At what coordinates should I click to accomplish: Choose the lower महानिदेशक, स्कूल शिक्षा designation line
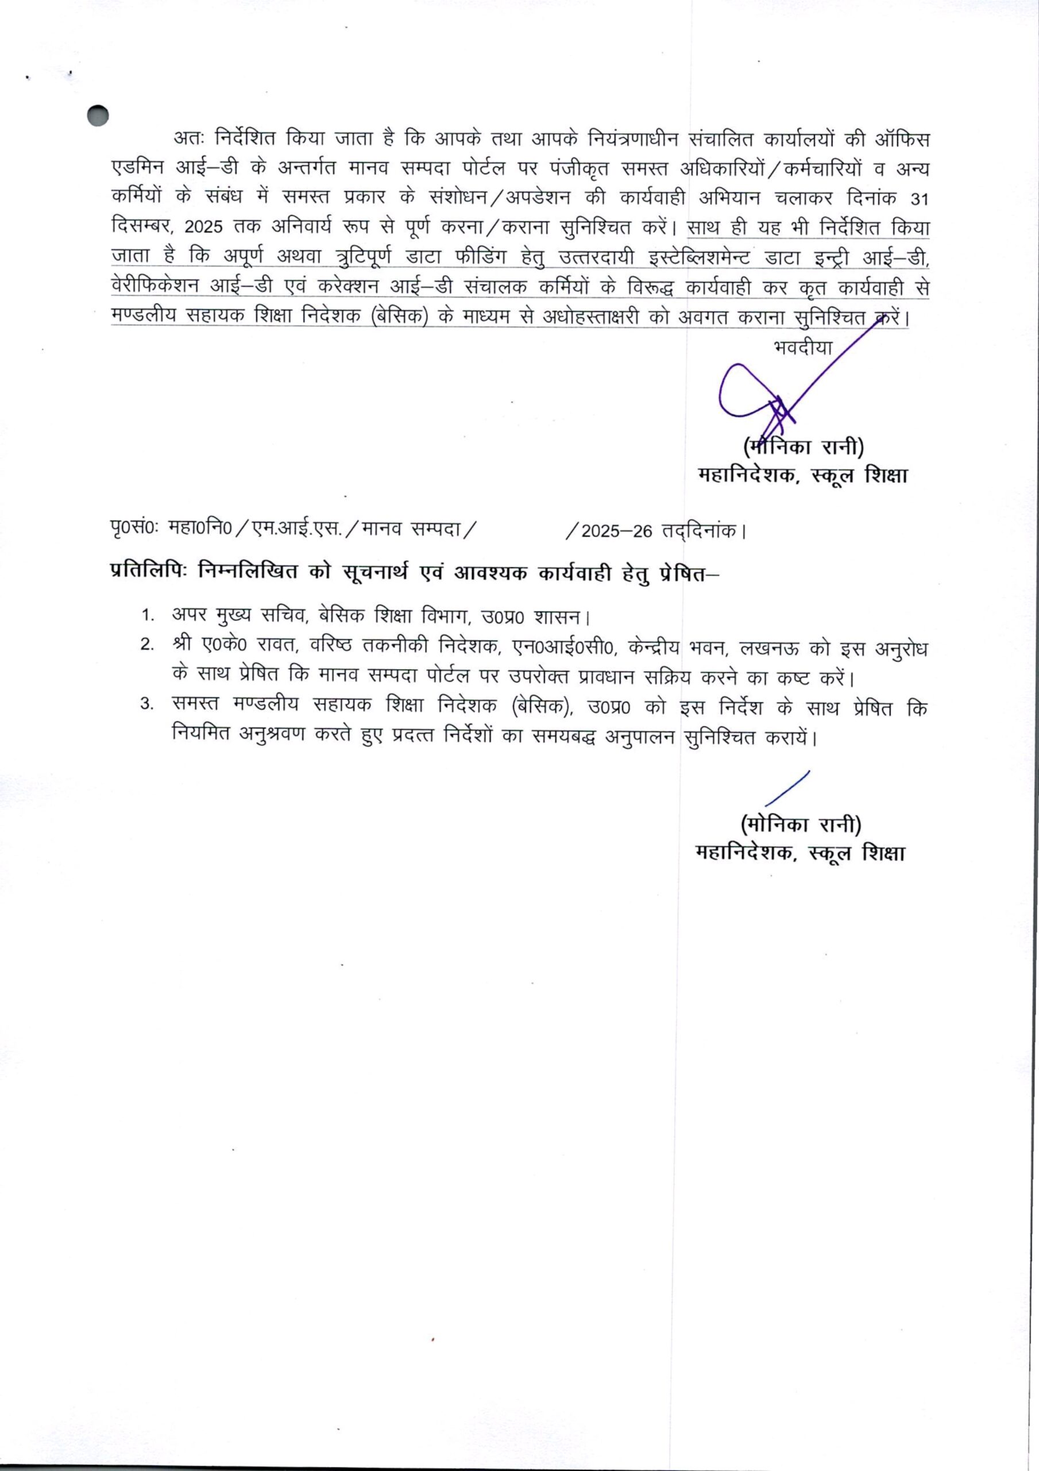(x=800, y=853)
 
